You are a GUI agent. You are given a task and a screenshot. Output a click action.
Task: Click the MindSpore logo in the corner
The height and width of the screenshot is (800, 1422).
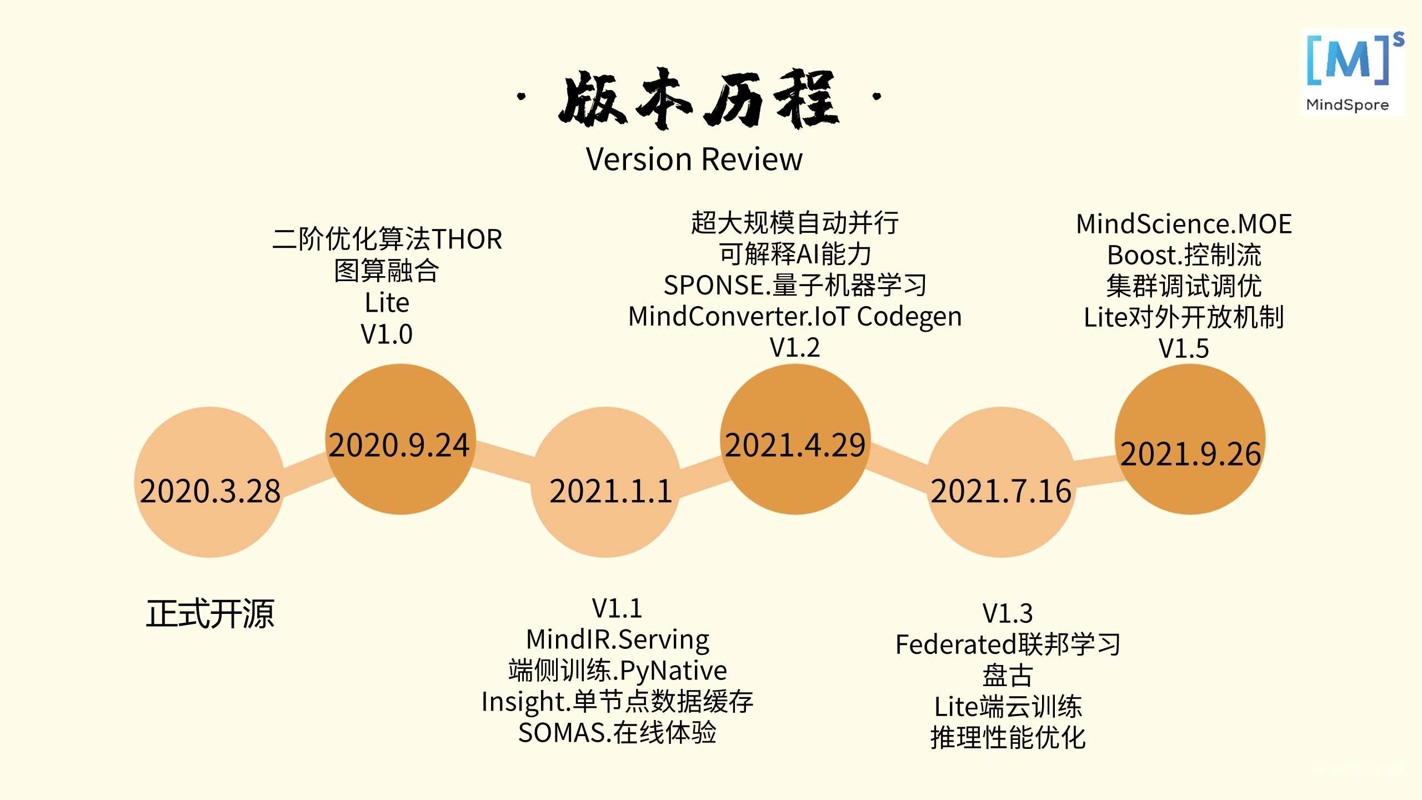pos(1353,72)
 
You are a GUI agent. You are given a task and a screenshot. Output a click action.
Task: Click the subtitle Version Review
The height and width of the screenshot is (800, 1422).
pos(694,159)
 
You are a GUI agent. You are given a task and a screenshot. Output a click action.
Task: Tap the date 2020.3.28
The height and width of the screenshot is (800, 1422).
pos(210,491)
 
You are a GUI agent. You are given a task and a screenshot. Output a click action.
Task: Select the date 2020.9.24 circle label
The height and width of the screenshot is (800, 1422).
pos(399,445)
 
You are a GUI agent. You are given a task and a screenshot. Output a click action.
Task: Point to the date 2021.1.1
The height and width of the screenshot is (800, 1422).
pos(610,491)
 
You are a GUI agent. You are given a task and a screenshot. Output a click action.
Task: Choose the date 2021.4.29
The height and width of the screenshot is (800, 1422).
pos(795,445)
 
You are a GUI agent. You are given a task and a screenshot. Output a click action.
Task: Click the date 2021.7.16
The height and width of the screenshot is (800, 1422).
pos(1001,491)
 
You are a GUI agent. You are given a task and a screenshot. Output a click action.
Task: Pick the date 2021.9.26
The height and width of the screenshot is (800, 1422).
pos(1190,454)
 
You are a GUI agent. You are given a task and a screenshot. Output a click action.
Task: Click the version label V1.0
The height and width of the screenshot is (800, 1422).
pos(387,334)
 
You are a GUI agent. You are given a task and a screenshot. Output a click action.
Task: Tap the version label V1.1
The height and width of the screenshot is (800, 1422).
pos(617,608)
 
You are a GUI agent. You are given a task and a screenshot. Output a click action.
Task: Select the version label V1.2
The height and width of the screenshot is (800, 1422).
pos(795,348)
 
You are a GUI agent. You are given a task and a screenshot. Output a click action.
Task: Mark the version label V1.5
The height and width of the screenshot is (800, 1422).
pos(1184,349)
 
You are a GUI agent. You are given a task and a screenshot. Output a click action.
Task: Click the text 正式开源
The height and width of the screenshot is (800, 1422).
pos(210,614)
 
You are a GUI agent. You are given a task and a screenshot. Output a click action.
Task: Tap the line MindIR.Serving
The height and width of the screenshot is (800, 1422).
pos(617,639)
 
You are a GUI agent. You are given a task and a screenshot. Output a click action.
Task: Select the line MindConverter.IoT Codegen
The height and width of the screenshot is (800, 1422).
pos(795,317)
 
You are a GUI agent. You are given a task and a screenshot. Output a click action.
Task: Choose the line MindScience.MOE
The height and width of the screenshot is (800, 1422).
pos(1184,224)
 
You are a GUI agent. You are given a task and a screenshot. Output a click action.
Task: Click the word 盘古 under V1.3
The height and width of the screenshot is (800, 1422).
pos(1008,676)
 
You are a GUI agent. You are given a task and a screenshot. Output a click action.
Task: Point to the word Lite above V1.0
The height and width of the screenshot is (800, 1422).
pos(387,303)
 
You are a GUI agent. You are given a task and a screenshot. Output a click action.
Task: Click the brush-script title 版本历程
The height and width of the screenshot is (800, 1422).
pos(698,99)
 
